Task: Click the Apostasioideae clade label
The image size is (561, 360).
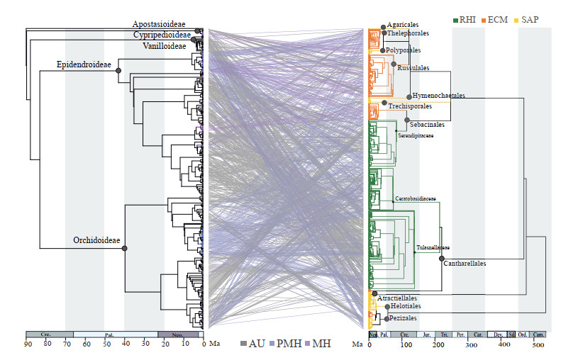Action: pos(164,23)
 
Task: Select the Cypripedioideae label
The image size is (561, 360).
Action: pos(162,35)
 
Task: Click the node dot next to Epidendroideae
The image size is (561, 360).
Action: pos(118,70)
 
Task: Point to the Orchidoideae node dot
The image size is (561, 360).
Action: pos(125,248)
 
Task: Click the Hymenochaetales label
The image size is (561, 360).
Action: pos(438,95)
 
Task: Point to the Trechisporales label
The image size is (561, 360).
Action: pos(410,106)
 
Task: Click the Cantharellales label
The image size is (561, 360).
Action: pos(465,263)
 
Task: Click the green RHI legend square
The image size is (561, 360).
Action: pos(456,20)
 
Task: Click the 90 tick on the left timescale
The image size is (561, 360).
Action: pos(28,345)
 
